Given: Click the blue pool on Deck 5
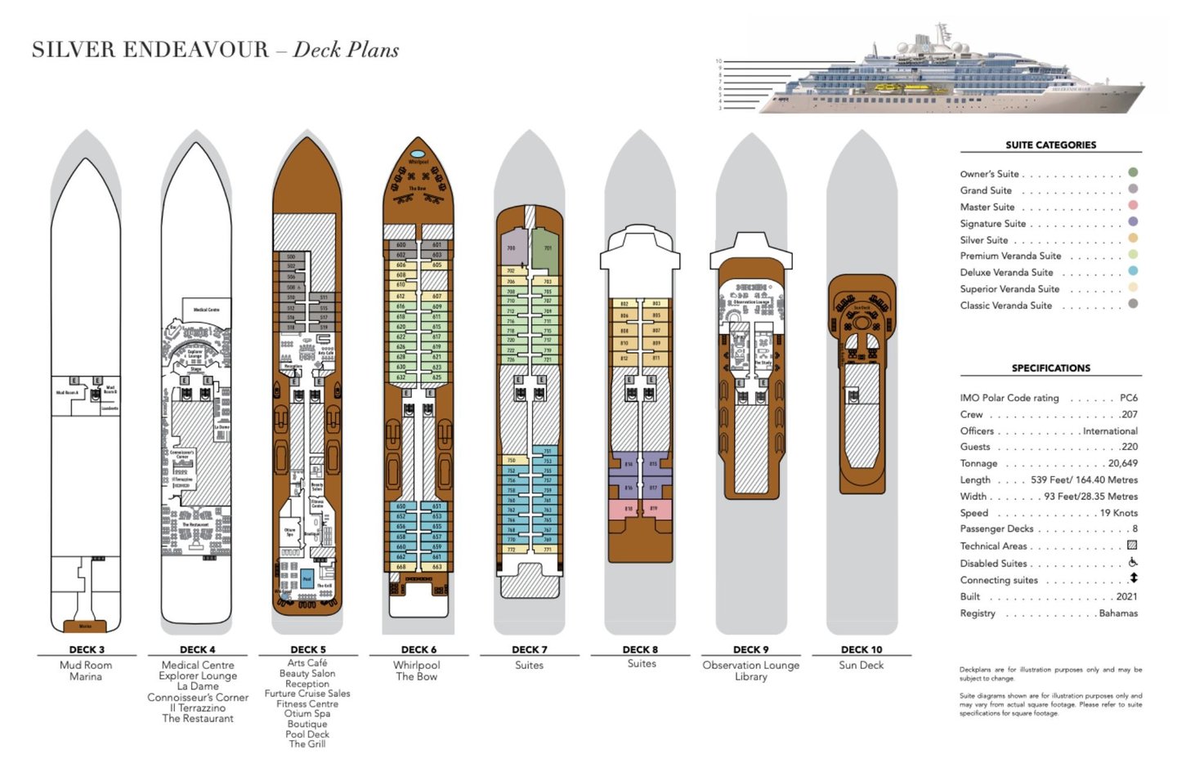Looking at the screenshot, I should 307,577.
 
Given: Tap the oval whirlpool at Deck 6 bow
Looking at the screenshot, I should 418,154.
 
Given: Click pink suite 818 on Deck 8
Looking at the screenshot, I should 628,509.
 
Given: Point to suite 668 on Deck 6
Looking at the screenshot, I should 401,566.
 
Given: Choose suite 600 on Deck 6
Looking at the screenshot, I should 401,244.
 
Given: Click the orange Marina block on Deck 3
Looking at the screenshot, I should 86,627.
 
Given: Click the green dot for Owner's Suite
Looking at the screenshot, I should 1133,172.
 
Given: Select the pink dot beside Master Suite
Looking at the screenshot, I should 1133,206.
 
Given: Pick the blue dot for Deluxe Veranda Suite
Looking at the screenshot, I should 1133,271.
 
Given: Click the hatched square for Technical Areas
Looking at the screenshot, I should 1132,545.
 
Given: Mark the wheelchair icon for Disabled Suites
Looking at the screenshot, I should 1133,562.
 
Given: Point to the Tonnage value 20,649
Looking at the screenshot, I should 1122,463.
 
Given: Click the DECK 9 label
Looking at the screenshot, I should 750,649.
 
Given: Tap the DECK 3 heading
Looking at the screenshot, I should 87,649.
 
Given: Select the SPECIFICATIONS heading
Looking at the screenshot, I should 1050,368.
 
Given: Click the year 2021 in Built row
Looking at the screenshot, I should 1126,596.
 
